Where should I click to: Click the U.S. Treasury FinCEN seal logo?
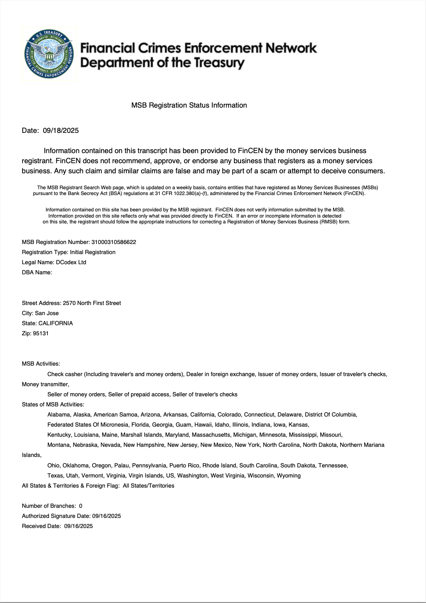pos(49,54)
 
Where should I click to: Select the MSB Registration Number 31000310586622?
pos(113,242)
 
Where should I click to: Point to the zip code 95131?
pos(41,333)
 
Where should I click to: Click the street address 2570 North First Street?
pos(92,303)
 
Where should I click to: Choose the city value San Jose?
pos(47,313)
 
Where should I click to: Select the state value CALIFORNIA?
pos(56,323)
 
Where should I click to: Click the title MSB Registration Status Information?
pos(189,105)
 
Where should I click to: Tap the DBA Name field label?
pos(37,272)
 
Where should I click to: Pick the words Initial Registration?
pos(93,252)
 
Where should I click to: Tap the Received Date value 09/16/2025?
pos(79,526)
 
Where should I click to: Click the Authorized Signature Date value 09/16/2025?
pos(106,516)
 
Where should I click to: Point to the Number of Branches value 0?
pos(81,506)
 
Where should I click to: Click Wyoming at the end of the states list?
pos(288,476)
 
